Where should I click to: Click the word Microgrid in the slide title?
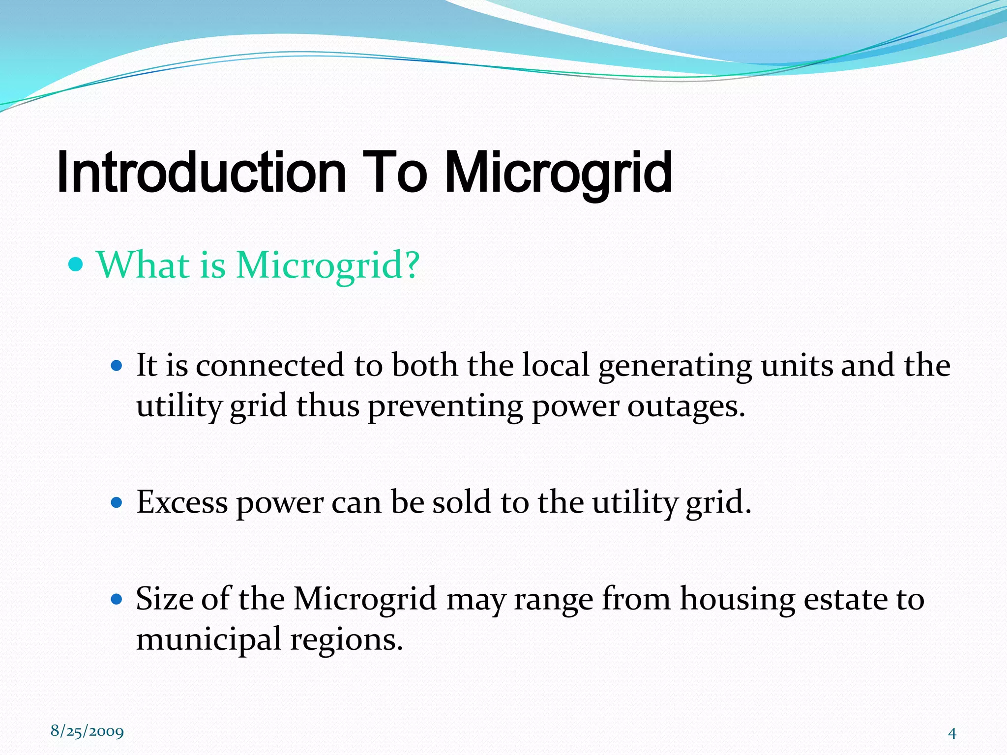(558, 172)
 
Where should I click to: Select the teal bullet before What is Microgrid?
(76, 265)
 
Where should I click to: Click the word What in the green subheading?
(143, 265)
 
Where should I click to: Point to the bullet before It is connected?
(117, 366)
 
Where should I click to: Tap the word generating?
(675, 366)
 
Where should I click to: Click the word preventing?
(445, 407)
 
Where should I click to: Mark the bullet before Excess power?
(117, 503)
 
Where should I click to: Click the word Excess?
(182, 503)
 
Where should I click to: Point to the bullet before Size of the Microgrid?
(117, 600)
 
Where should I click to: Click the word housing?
(738, 600)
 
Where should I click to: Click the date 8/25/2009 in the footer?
(87, 731)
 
